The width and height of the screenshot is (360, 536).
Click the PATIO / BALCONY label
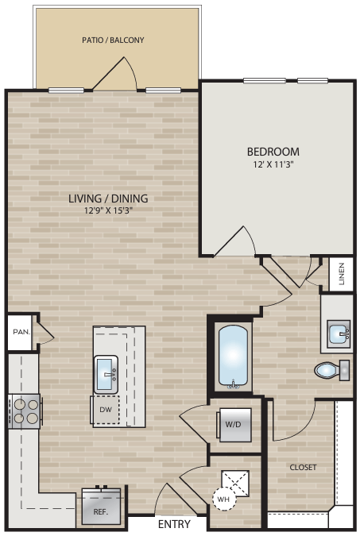(113, 39)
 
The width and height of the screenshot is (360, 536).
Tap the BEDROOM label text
(273, 152)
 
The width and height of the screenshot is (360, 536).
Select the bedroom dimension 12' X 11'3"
(273, 165)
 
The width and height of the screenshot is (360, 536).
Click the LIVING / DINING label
(108, 199)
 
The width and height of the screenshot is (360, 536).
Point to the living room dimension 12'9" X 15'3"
(108, 212)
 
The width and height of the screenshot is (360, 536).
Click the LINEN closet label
(341, 274)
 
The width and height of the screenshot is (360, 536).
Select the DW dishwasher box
(106, 409)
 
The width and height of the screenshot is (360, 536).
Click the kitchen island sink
(106, 374)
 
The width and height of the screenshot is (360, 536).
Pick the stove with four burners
(25, 411)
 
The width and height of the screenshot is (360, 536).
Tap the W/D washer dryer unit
(233, 425)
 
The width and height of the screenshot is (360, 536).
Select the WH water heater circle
(223, 499)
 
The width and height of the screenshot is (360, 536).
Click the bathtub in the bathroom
(232, 357)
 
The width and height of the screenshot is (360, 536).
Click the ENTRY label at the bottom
(174, 525)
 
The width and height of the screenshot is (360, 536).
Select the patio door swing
(114, 74)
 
